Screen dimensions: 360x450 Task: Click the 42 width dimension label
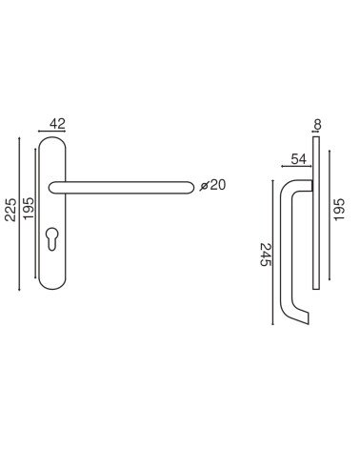(x=57, y=124)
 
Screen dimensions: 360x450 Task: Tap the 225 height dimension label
(x=10, y=210)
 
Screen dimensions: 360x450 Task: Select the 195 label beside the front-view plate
(x=29, y=208)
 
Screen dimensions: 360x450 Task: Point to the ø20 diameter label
(x=212, y=185)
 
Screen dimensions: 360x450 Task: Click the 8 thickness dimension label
(x=317, y=125)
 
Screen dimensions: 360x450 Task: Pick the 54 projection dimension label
(x=298, y=159)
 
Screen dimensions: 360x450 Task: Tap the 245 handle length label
(x=266, y=255)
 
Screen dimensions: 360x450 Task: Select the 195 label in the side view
(x=339, y=209)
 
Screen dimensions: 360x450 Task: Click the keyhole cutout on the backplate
(x=51, y=238)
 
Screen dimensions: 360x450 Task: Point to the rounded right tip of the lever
(x=190, y=187)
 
